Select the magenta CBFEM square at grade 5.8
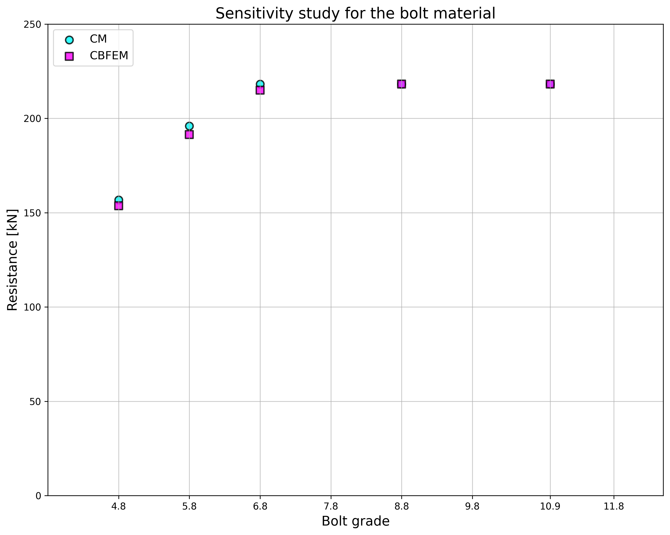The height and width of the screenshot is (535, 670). [x=189, y=135]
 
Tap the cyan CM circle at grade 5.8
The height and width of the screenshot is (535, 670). [x=189, y=126]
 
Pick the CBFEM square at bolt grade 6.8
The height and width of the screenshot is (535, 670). [x=260, y=90]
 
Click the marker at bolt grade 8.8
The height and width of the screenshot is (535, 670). [x=402, y=84]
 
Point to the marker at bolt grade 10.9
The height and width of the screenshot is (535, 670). [x=550, y=84]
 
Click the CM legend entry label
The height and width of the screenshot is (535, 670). [x=98, y=39]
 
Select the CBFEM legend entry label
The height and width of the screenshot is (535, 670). [x=109, y=56]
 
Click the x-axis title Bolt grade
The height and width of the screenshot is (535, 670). [x=356, y=521]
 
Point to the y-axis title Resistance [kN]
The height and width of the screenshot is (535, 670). [x=12, y=260]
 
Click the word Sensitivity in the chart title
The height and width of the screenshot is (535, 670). [x=252, y=14]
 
